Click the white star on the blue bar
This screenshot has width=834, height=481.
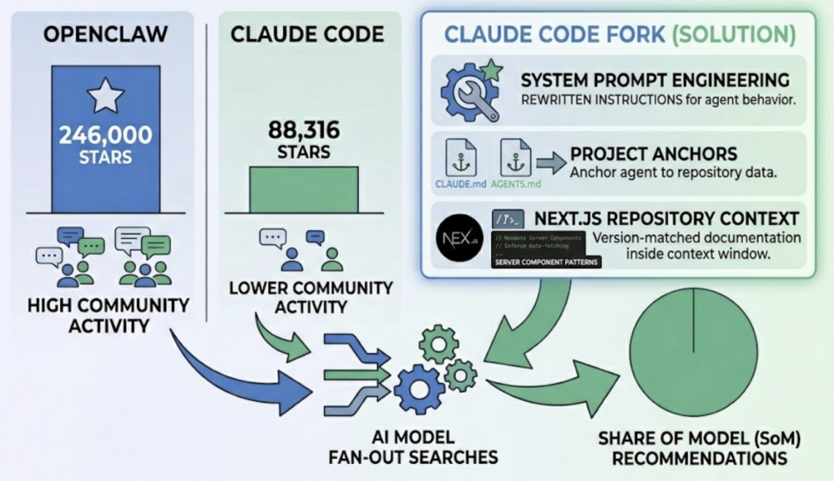coord(106,96)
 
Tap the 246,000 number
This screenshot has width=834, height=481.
coord(106,135)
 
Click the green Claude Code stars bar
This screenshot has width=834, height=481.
coord(304,189)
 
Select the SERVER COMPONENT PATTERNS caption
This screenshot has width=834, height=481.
coord(546,263)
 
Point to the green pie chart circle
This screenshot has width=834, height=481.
coord(693,351)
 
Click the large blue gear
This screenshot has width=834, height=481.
coord(419,390)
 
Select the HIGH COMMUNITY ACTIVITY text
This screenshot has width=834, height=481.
coord(108,316)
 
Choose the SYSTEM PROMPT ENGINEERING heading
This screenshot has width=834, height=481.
coord(655,80)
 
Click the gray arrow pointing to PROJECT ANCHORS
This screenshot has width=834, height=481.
coord(551,164)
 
